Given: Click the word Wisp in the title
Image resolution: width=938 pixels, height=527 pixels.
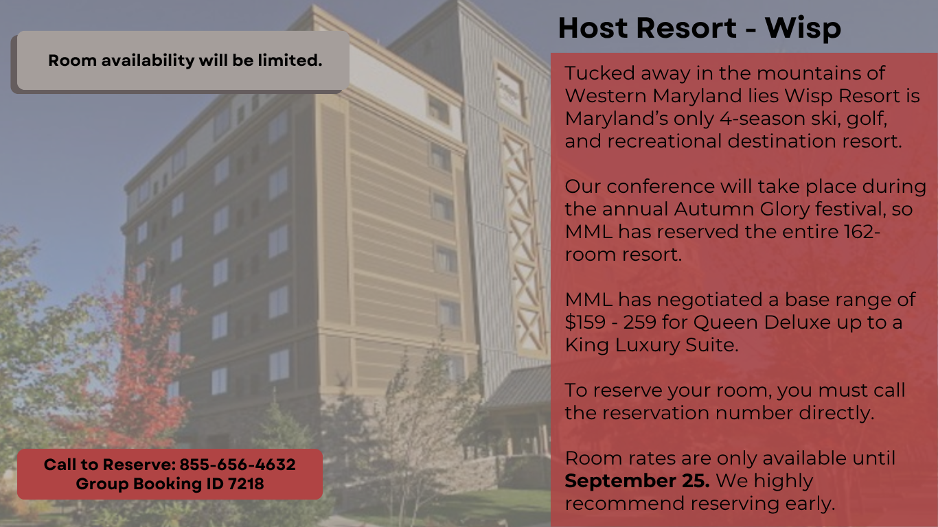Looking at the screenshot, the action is click(803, 28).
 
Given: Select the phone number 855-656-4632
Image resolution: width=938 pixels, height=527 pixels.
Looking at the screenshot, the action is click(238, 464).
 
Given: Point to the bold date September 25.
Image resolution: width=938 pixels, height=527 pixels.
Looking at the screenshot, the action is click(637, 481).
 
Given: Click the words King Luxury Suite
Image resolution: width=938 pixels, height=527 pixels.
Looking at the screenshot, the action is click(651, 345).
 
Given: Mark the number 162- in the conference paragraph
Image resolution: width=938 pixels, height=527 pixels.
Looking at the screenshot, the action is click(862, 231).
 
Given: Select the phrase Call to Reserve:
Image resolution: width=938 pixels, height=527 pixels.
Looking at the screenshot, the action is click(110, 464).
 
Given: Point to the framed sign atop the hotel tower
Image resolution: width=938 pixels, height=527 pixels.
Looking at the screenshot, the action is click(510, 91).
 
